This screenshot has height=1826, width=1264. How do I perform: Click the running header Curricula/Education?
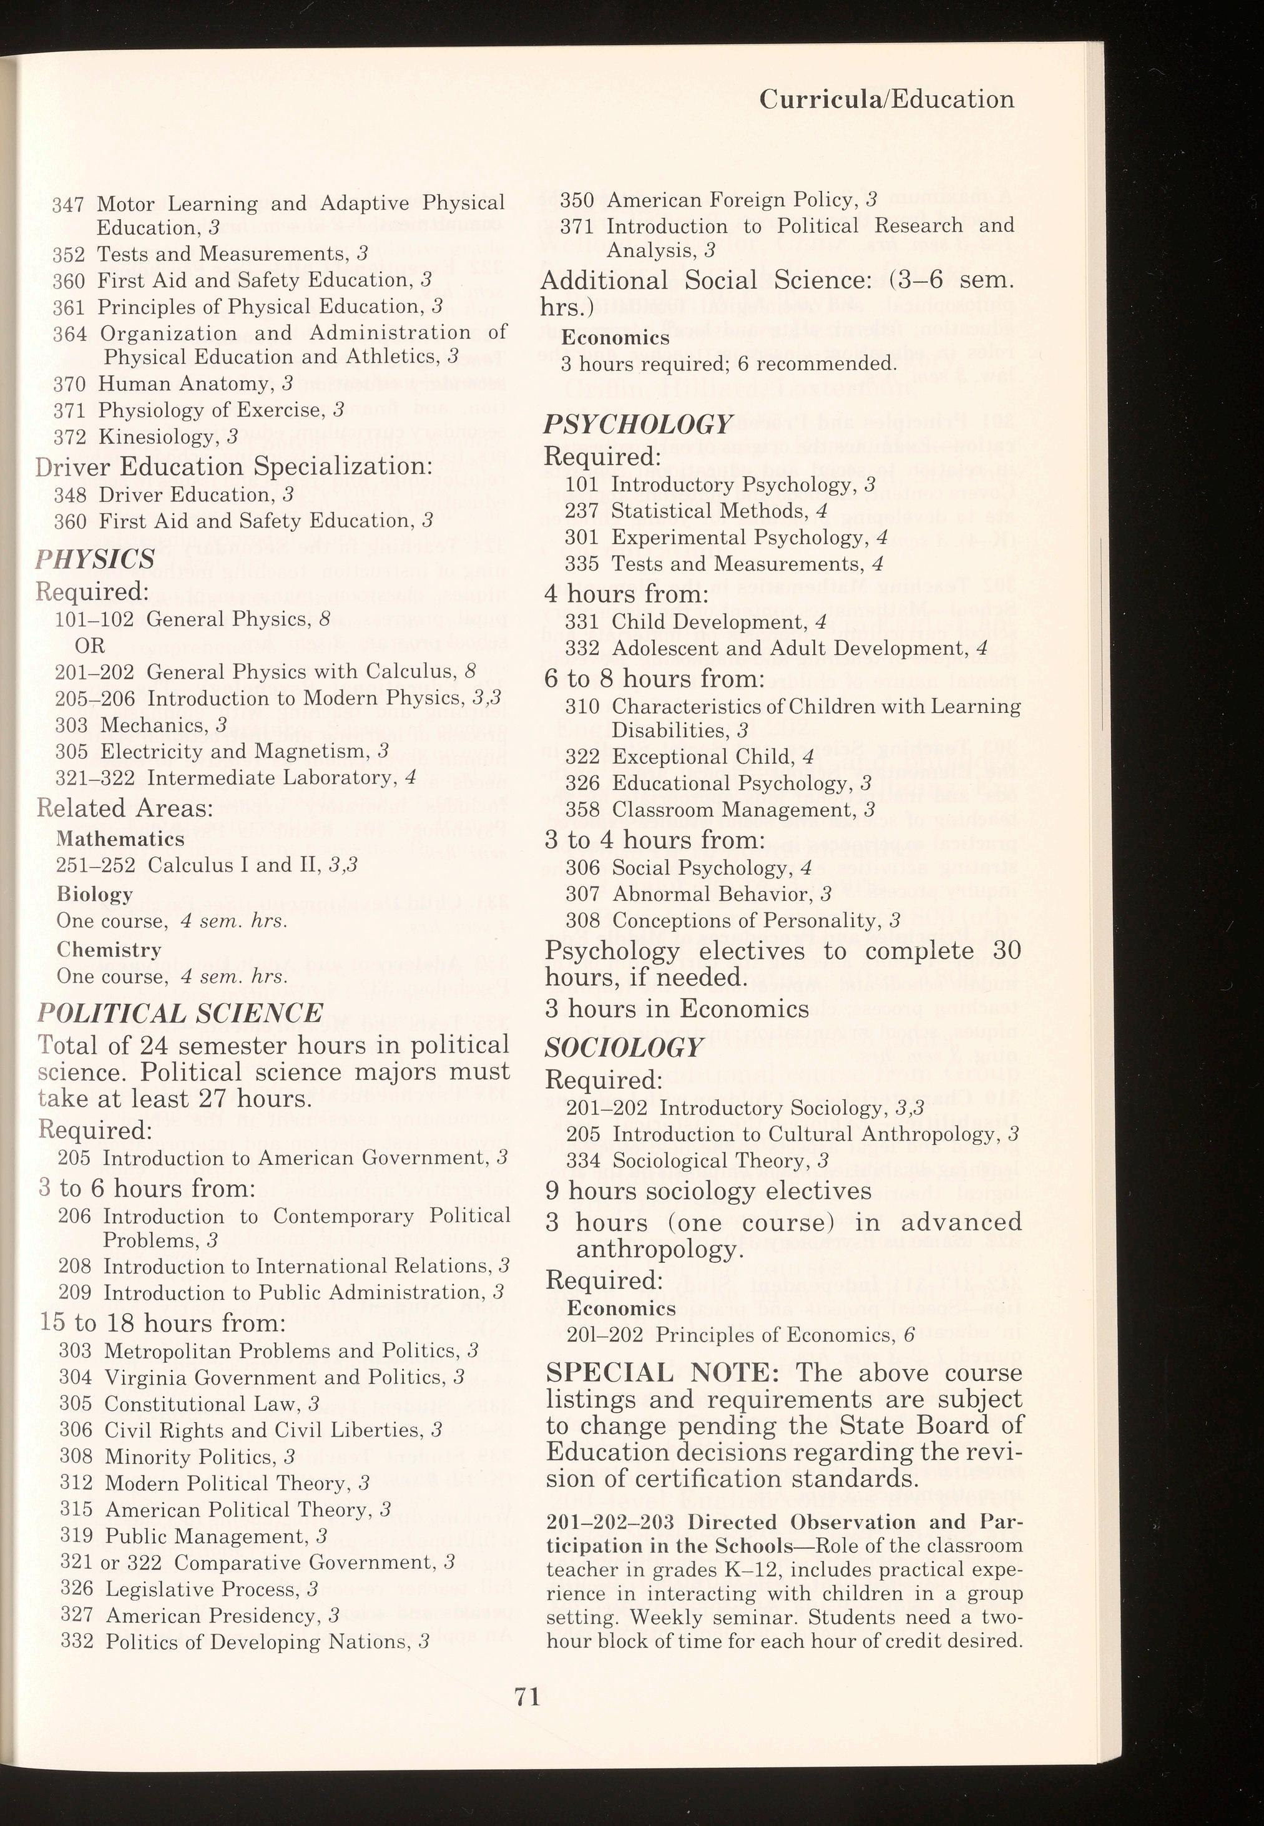(x=886, y=99)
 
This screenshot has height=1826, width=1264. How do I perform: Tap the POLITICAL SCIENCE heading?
(x=180, y=1013)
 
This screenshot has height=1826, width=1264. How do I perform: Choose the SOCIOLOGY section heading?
(x=624, y=1047)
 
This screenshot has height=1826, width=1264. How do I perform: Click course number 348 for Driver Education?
(x=70, y=495)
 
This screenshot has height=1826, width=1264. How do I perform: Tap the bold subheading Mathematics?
(x=120, y=838)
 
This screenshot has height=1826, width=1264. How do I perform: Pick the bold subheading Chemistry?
(x=109, y=949)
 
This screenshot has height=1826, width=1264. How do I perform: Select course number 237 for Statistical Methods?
(x=582, y=511)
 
